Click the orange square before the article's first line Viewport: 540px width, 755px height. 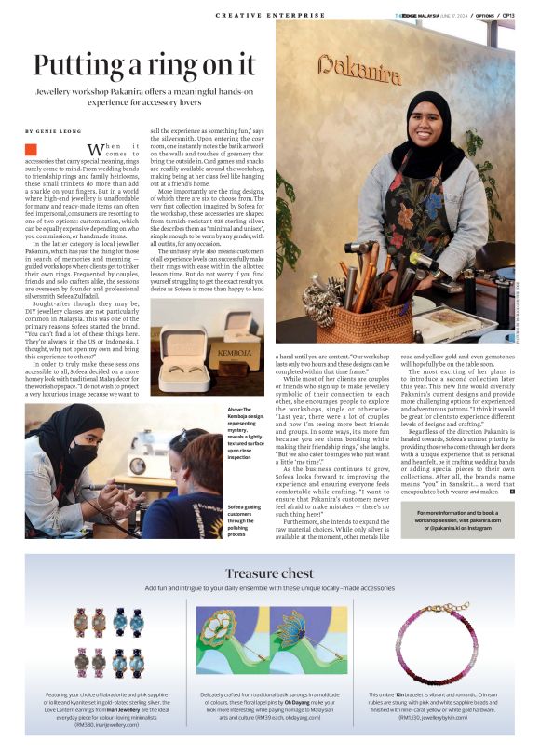coord(31,149)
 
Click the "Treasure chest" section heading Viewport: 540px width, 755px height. coord(270,573)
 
